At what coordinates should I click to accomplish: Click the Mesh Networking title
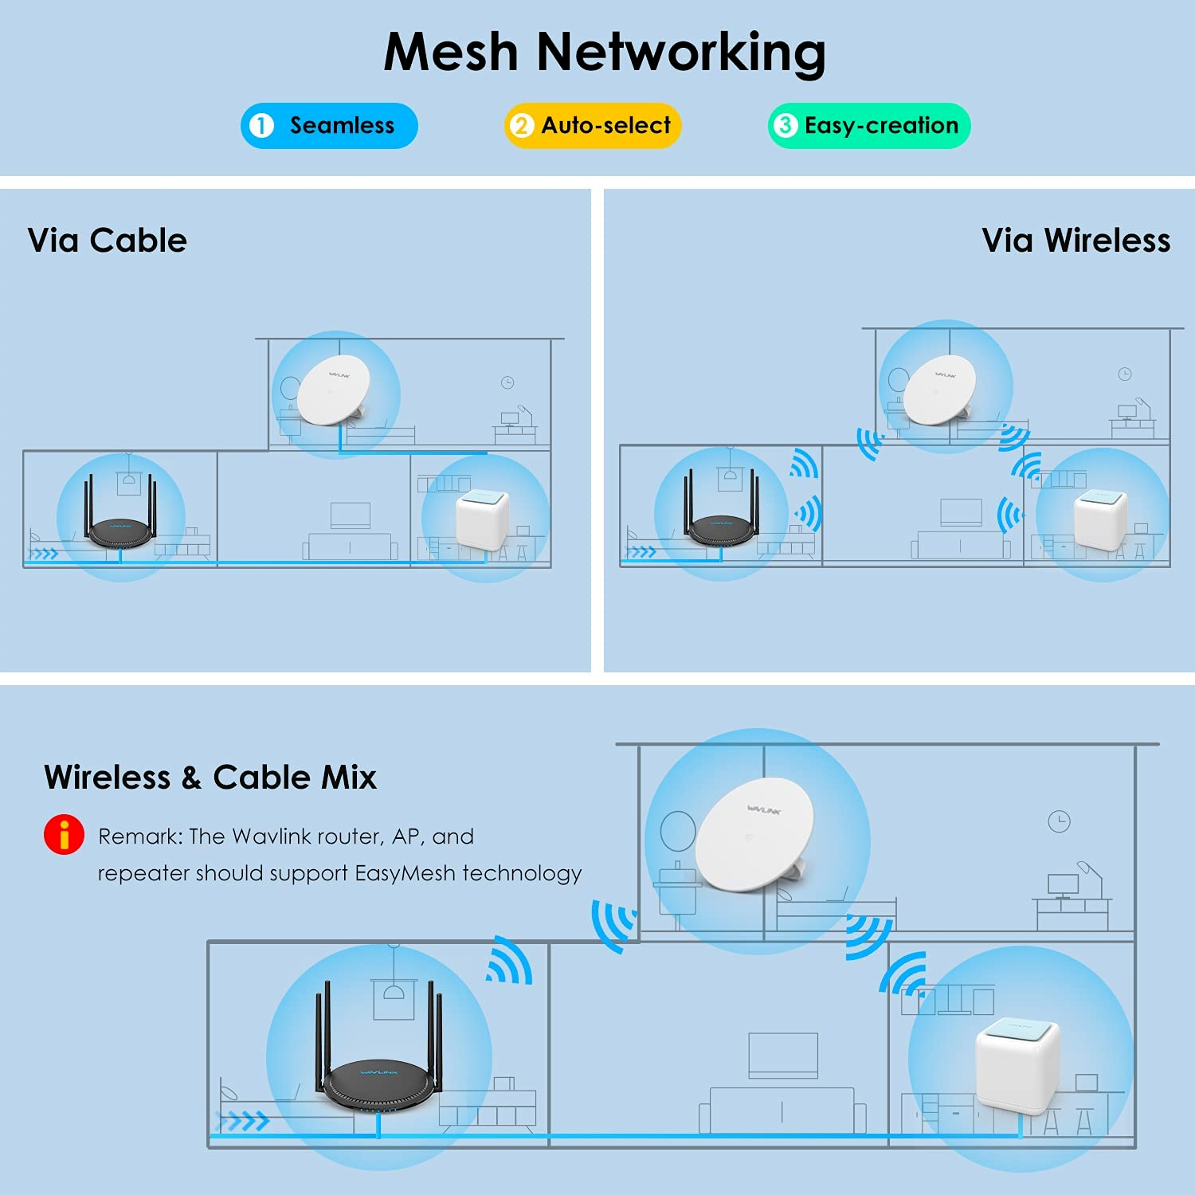604,53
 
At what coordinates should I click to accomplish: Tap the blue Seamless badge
329,126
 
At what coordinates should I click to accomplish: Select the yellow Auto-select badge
593,126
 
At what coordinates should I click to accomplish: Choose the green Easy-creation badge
868,126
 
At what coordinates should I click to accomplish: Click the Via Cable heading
107,241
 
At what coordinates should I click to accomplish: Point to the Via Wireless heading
1075,241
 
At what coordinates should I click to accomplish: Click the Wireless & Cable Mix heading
210,778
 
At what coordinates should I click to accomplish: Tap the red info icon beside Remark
64,835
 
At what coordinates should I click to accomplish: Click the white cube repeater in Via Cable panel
482,519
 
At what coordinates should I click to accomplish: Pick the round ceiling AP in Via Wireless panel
941,390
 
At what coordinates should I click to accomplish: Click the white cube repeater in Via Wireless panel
1100,519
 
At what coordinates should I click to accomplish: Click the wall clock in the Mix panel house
1059,821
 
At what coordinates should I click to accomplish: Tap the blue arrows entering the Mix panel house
244,1122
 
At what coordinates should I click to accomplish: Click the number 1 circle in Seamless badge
261,126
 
